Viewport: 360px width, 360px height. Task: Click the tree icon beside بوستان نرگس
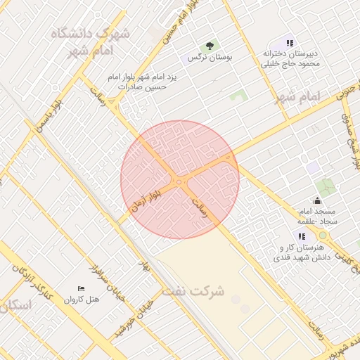[209, 46]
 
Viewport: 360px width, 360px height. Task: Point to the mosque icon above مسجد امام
[317, 201]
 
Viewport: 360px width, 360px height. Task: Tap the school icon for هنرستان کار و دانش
[301, 237]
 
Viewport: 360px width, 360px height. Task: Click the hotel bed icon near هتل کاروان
[81, 289]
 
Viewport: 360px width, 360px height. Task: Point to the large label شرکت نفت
[193, 290]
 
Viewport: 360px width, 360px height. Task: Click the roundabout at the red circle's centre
[179, 182]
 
